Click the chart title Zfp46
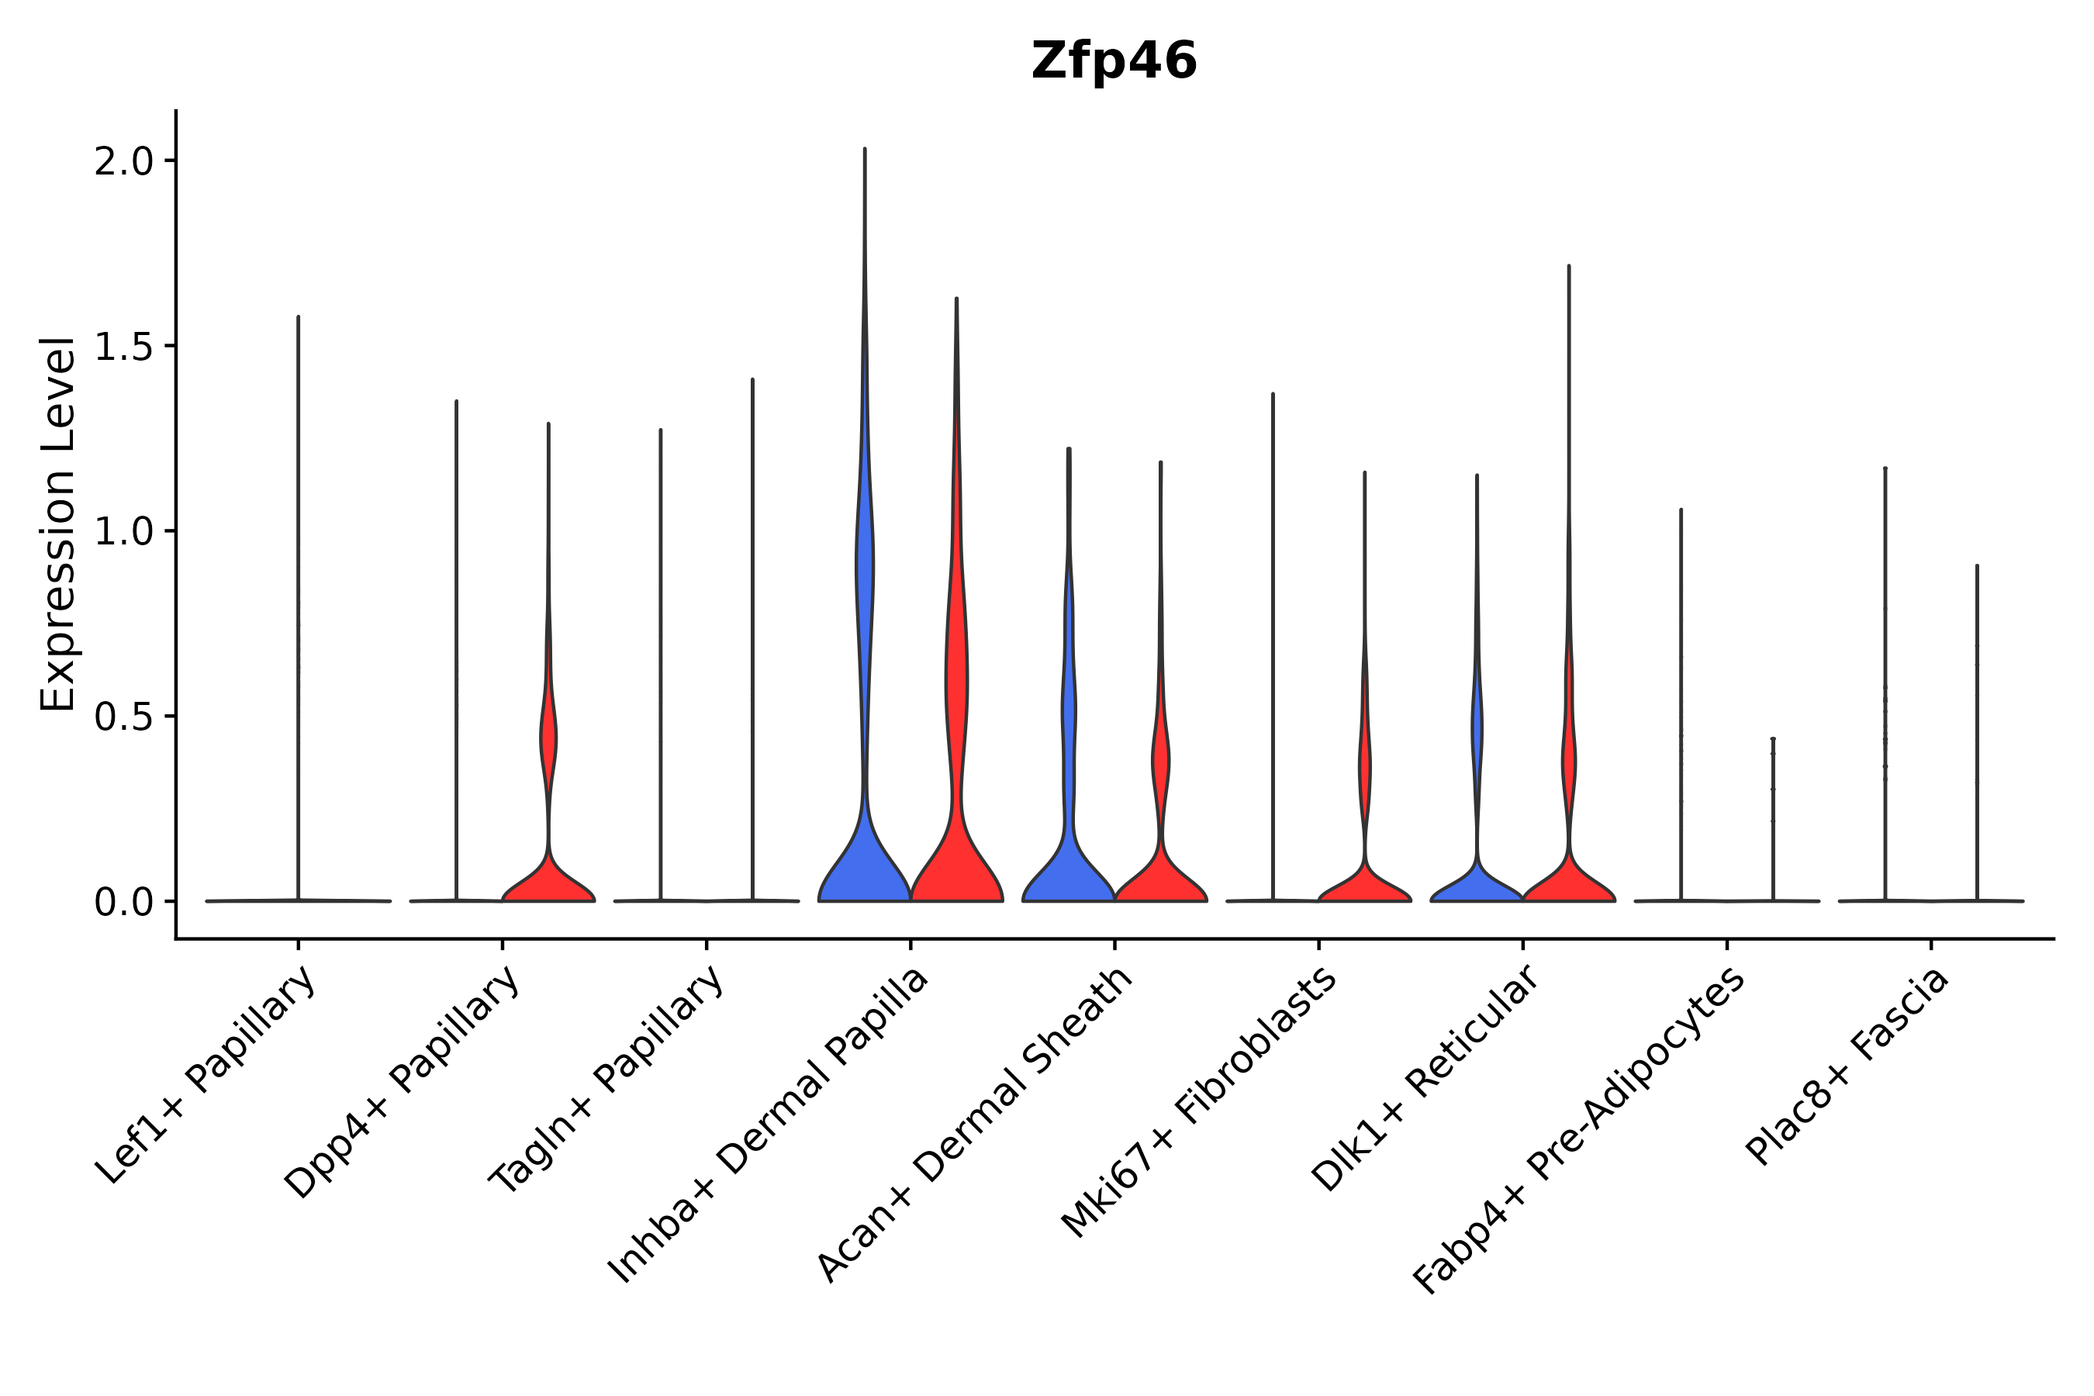1113,61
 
